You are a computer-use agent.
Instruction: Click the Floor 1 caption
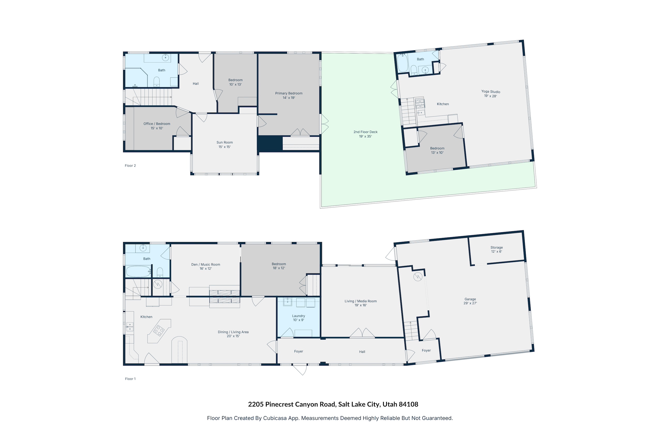point(130,379)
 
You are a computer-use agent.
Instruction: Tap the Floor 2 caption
point(130,166)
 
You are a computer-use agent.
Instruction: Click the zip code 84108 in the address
point(408,404)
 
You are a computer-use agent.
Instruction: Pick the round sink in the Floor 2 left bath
point(165,58)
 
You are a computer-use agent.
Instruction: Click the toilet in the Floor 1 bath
point(160,272)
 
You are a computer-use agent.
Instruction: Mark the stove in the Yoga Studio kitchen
point(420,103)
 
